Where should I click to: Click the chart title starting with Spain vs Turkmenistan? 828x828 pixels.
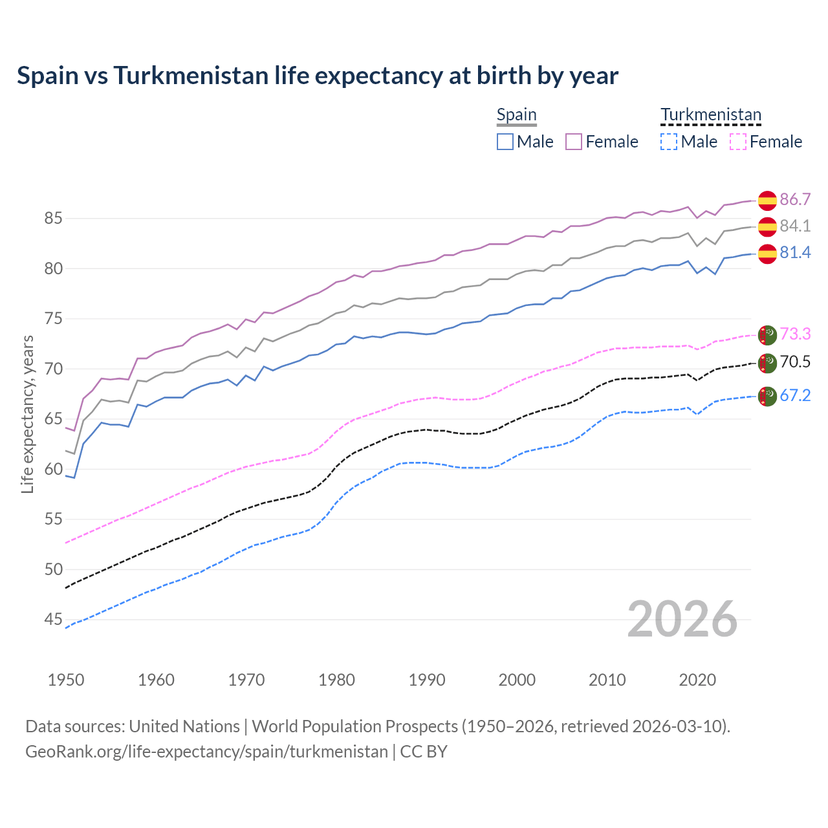click(x=318, y=76)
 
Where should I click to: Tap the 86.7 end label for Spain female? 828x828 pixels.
click(x=795, y=199)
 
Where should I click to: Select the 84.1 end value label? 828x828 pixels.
click(x=795, y=226)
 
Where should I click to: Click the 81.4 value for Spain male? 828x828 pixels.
click(x=795, y=252)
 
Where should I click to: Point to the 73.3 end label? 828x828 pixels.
click(x=795, y=334)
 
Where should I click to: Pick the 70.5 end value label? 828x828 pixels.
click(x=795, y=362)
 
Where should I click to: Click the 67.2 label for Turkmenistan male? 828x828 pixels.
click(x=795, y=395)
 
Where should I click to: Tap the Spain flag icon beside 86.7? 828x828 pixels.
click(x=767, y=201)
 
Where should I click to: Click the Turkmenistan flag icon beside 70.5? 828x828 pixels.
click(x=767, y=363)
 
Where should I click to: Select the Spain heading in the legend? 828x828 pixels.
click(x=516, y=115)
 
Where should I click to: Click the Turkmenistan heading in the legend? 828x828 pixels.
click(x=710, y=115)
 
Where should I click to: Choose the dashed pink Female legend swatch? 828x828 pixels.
click(x=738, y=142)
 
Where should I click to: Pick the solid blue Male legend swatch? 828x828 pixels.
click(x=505, y=142)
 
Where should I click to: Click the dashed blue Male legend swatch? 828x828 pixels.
click(x=669, y=142)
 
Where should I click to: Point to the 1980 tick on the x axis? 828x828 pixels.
click(x=336, y=680)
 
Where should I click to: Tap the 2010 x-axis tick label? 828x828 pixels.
click(x=607, y=680)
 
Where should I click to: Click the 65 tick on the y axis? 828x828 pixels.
click(x=53, y=419)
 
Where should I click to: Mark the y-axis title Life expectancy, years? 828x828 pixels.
click(x=28, y=414)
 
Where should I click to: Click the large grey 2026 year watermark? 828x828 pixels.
click(x=682, y=619)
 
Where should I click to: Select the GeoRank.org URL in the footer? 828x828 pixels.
click(x=206, y=752)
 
